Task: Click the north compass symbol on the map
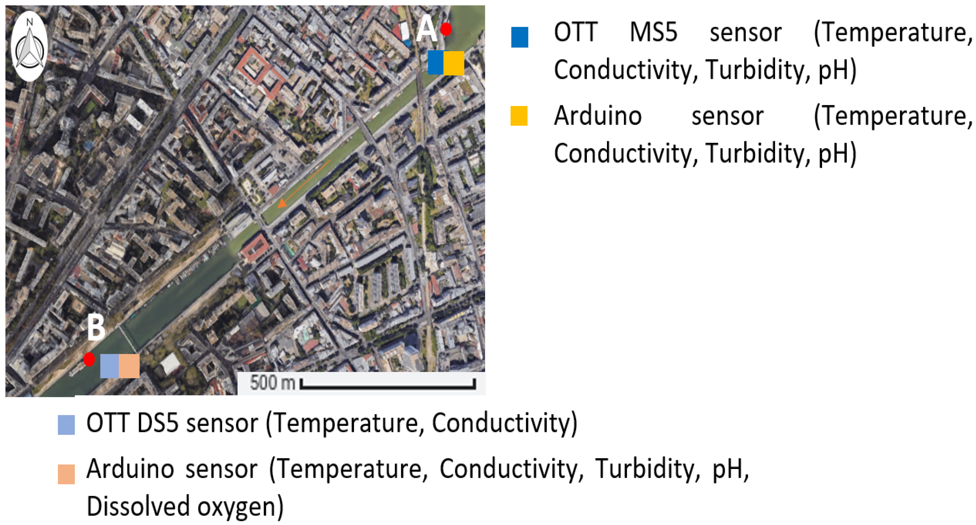point(29,46)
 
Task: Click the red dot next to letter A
point(446,29)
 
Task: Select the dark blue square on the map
point(436,62)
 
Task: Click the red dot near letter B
point(89,359)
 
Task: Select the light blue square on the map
point(110,366)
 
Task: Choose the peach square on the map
point(129,366)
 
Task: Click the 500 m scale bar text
point(272,383)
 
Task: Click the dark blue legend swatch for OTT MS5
point(520,37)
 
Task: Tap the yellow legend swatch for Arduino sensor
point(519,116)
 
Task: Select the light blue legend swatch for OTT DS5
point(66,425)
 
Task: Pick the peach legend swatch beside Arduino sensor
point(66,474)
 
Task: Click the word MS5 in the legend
point(653,33)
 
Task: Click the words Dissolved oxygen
point(185,507)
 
